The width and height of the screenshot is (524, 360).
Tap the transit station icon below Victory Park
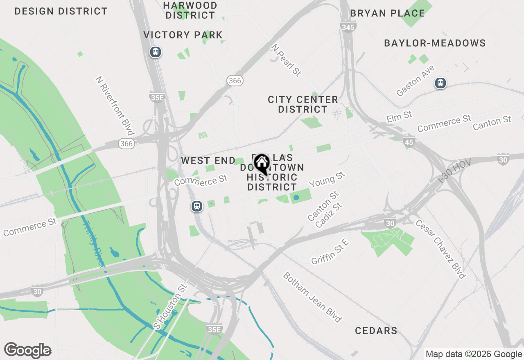coord(156,52)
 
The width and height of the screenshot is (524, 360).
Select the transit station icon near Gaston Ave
coord(440,83)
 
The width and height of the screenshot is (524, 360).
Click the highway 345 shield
coord(348,27)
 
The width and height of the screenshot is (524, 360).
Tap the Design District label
coord(61,11)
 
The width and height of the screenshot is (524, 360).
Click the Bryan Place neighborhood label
coord(387,13)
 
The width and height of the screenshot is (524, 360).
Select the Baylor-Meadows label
coord(435,43)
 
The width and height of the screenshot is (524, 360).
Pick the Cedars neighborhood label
coord(376,331)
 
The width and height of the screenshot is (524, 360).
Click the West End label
coord(208,161)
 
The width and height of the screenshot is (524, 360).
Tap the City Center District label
coord(303,104)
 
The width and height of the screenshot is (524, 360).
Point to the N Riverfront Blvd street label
coord(115,105)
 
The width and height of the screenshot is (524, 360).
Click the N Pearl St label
coord(286,60)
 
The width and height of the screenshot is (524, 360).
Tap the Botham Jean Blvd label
coord(312,297)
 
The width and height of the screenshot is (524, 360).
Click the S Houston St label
coord(169,306)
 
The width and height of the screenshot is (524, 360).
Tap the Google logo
coord(27,351)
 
